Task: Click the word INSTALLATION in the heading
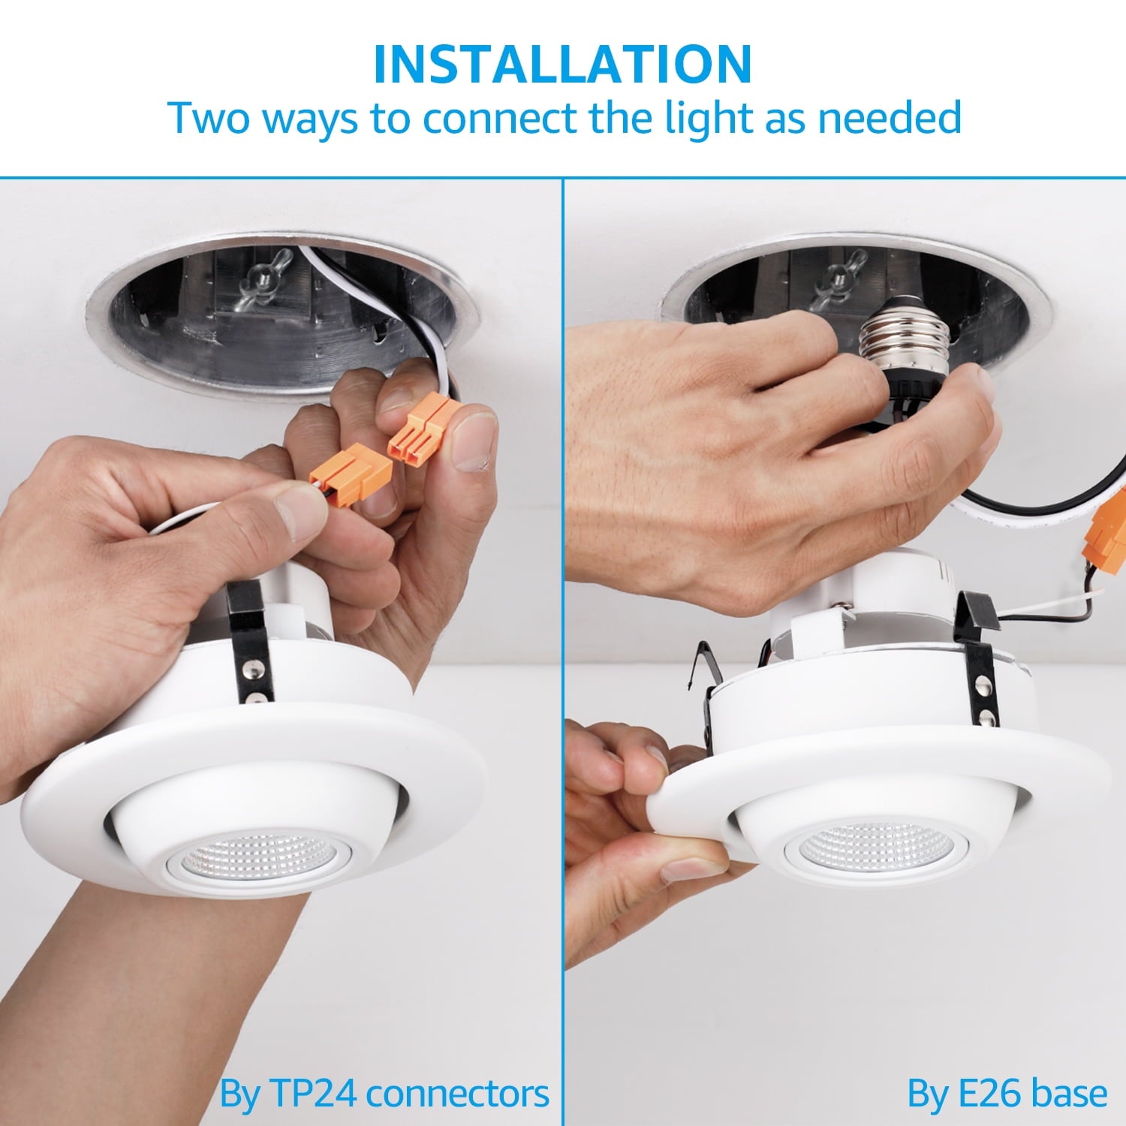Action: click(562, 65)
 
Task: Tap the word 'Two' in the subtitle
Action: click(208, 118)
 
